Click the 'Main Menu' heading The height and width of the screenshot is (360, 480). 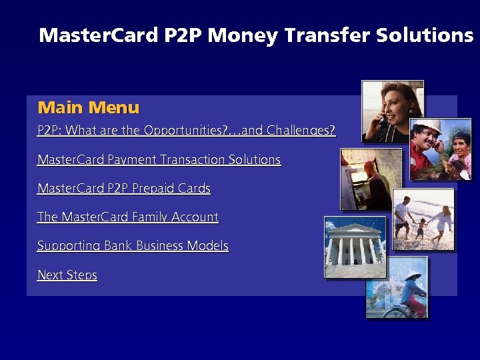click(89, 107)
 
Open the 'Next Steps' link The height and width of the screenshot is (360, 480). click(67, 275)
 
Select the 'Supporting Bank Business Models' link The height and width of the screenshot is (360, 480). click(133, 245)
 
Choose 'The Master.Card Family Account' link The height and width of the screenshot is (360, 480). click(127, 217)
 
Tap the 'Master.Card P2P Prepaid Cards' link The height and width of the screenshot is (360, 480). click(123, 188)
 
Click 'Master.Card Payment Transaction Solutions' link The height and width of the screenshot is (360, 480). click(159, 159)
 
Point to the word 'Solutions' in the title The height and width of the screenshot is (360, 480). click(424, 35)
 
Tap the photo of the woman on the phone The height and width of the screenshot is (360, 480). click(392, 111)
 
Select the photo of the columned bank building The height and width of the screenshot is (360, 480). click(354, 247)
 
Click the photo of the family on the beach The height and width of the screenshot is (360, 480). click(423, 219)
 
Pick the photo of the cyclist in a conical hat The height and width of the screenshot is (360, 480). click(396, 287)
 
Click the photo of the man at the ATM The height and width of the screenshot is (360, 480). click(371, 179)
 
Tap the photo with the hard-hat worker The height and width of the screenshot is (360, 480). click(440, 149)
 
